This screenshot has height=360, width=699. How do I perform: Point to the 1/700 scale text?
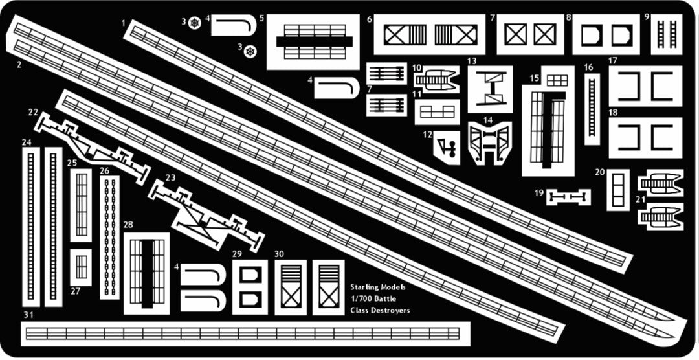pyautogui.click(x=361, y=299)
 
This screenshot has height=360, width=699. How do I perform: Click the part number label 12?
pyautogui.click(x=428, y=134)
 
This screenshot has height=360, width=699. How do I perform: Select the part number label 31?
pyautogui.click(x=28, y=315)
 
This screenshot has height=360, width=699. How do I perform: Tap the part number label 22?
pyautogui.click(x=33, y=113)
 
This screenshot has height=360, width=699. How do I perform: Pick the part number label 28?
pyautogui.click(x=128, y=225)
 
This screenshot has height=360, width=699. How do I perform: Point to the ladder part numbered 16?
pyautogui.click(x=592, y=109)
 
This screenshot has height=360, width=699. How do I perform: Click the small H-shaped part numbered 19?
pyautogui.click(x=569, y=197)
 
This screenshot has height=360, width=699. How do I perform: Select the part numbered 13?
pyautogui.click(x=491, y=89)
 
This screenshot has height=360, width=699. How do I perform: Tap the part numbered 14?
pyautogui.click(x=489, y=142)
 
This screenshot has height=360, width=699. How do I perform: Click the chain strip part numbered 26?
pyautogui.click(x=109, y=238)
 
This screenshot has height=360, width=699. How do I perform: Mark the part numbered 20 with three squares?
pyautogui.click(x=618, y=190)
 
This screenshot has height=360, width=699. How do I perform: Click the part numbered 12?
pyautogui.click(x=447, y=148)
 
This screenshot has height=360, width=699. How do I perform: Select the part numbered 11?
pyautogui.click(x=437, y=112)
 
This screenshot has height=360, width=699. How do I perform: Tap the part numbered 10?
pyautogui.click(x=437, y=80)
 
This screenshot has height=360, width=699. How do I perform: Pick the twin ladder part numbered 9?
pyautogui.click(x=667, y=34)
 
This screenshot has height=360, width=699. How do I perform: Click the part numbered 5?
pyautogui.click(x=313, y=42)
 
